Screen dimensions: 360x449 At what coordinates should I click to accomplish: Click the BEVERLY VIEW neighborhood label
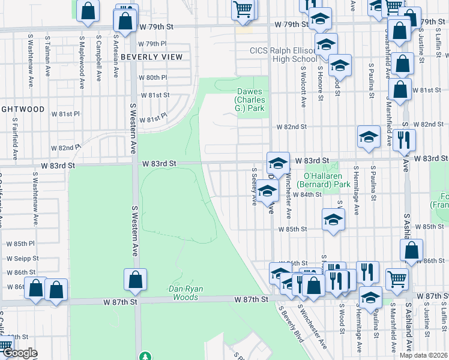tap(151, 57)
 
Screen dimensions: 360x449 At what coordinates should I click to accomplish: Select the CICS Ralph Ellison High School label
tap(283, 55)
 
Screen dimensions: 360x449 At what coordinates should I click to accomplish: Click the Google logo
tap(19, 353)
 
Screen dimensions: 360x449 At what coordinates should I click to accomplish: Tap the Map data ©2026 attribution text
tap(423, 355)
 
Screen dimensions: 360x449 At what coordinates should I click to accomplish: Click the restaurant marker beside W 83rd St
tap(405, 140)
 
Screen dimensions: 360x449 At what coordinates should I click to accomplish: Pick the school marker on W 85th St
tap(333, 220)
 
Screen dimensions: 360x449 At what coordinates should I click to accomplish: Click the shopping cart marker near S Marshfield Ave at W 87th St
tap(397, 278)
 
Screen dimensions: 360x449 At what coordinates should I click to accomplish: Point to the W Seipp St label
tap(23, 258)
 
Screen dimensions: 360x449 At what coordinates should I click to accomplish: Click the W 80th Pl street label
tap(152, 77)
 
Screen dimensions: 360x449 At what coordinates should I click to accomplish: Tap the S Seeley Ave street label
tap(255, 187)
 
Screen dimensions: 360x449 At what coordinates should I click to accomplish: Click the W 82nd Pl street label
tap(65, 148)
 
